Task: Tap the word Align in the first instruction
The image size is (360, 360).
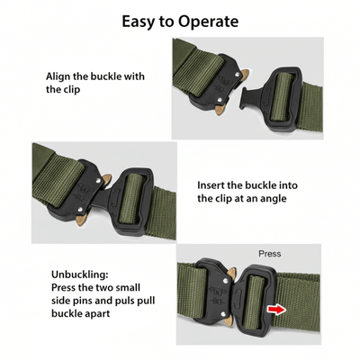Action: click(60, 77)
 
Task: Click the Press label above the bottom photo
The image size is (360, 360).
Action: click(269, 254)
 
